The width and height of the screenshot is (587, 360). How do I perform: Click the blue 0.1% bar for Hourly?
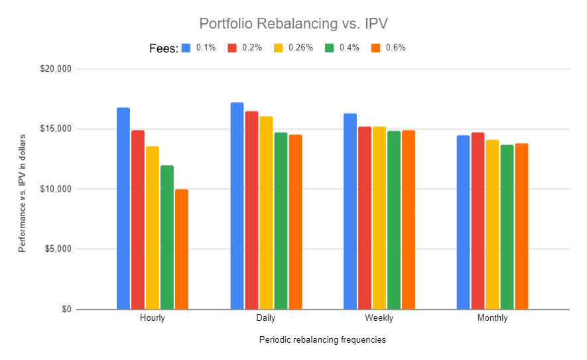[123, 208]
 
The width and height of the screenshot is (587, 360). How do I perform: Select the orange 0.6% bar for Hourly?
[181, 249]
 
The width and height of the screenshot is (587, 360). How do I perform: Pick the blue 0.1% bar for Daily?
[237, 206]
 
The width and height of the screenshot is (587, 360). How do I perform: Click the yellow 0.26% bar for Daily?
[266, 213]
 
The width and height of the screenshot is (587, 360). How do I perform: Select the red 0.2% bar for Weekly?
[364, 218]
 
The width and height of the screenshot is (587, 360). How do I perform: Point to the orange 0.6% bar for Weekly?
[408, 219]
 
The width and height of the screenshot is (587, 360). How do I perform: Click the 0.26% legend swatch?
[279, 48]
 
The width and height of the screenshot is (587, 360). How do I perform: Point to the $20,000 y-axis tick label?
[56, 69]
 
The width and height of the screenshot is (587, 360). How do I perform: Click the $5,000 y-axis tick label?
[58, 249]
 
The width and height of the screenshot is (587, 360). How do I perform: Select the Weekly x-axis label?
[379, 318]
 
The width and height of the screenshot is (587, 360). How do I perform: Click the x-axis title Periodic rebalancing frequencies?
[322, 339]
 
